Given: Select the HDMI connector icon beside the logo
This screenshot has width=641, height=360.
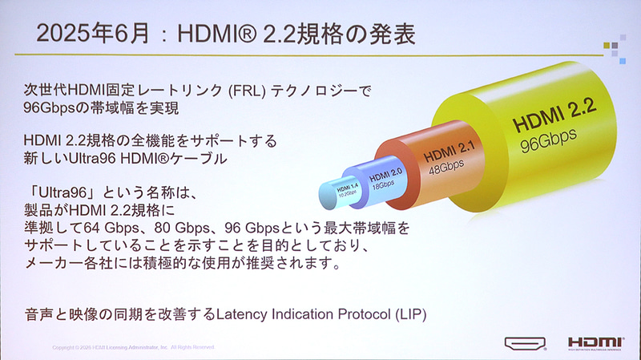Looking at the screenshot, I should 526,344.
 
